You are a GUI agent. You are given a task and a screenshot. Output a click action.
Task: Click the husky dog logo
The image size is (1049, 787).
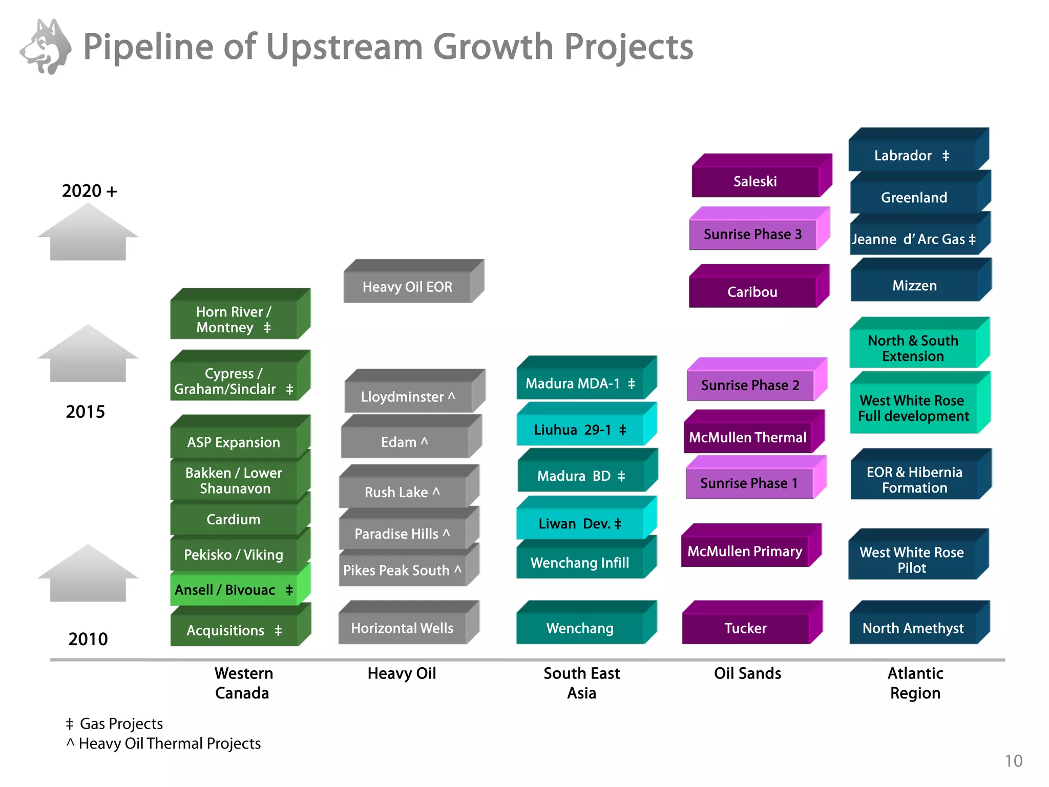tap(46, 47)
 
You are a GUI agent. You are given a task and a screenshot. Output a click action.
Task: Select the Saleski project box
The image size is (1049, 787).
tap(755, 181)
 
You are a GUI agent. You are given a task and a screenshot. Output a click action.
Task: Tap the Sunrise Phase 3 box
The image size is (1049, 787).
tap(752, 235)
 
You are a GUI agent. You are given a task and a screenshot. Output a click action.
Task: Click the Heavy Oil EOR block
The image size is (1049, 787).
tap(407, 287)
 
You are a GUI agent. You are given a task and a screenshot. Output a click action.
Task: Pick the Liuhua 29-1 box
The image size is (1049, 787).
tap(580, 430)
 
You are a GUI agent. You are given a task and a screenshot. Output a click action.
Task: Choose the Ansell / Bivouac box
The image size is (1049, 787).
tap(234, 590)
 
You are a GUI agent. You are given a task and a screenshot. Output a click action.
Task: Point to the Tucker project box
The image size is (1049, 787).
tap(745, 628)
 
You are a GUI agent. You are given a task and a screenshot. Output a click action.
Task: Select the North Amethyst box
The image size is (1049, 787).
tap(913, 628)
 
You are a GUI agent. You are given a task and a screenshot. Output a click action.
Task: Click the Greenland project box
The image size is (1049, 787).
tap(914, 198)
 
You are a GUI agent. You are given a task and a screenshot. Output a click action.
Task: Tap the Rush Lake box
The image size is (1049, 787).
tap(402, 492)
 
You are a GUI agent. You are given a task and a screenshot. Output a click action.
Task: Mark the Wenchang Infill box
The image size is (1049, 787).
tap(580, 563)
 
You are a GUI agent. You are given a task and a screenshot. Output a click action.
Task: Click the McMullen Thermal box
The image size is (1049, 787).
tap(747, 438)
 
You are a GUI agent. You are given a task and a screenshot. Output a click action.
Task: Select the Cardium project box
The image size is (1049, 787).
tap(234, 520)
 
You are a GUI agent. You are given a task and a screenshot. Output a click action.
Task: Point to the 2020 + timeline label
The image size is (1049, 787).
tap(90, 191)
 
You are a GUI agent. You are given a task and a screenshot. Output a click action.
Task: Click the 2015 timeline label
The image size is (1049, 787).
tap(86, 412)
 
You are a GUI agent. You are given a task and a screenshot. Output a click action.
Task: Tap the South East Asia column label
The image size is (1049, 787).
tap(581, 683)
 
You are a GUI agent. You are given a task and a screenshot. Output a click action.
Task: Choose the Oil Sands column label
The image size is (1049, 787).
tap(747, 673)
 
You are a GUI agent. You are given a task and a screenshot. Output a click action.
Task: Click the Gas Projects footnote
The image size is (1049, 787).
tap(115, 724)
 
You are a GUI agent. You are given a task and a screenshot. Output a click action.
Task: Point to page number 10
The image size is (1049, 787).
tap(1013, 761)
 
